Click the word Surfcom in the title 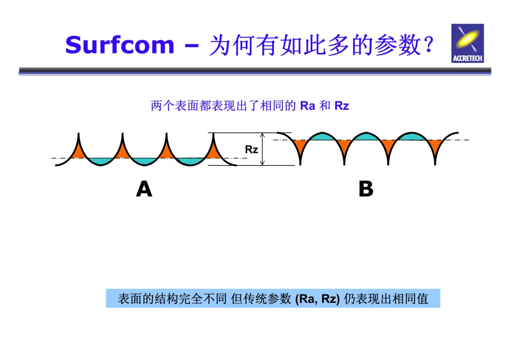(x=119, y=45)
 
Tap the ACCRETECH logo (x=467, y=43)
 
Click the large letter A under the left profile (x=144, y=189)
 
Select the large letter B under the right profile (x=366, y=189)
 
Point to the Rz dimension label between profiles (x=251, y=150)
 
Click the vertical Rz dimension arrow (x=263, y=149)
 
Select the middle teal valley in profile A (x=145, y=161)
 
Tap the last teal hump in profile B (x=411, y=137)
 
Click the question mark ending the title (x=428, y=46)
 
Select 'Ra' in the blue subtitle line (x=307, y=106)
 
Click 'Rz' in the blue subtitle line (x=341, y=106)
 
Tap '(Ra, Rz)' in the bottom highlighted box (x=317, y=299)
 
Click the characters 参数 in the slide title (x=397, y=46)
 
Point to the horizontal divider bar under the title (x=255, y=71)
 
